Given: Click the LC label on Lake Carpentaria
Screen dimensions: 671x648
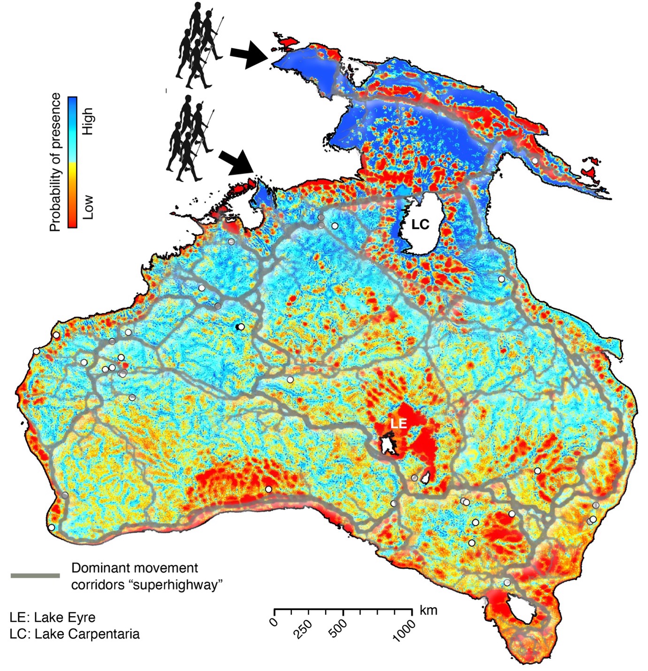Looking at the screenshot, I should [x=420, y=225].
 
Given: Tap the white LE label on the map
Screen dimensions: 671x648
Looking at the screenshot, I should [x=398, y=423].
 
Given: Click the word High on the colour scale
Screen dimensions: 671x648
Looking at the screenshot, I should [x=88, y=121].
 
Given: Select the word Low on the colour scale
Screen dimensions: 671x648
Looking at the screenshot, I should [x=88, y=207].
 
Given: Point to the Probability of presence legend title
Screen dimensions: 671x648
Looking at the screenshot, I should [x=55, y=162].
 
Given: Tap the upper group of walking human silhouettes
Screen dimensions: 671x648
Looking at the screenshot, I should [x=199, y=46].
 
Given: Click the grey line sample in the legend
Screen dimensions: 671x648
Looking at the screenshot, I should [x=35, y=575].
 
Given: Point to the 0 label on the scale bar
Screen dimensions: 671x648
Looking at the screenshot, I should [x=274, y=623].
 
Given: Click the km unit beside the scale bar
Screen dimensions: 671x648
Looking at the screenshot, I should [x=428, y=610].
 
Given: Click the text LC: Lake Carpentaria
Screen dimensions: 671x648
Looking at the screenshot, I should [x=74, y=634].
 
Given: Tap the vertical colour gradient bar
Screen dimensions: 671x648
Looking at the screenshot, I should [x=73, y=162].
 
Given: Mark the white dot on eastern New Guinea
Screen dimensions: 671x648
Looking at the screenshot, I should [x=534, y=161].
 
